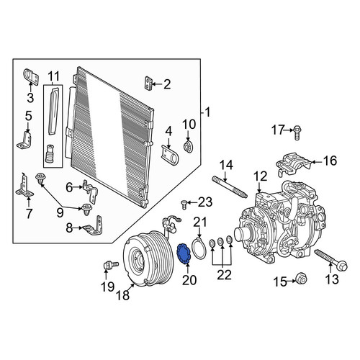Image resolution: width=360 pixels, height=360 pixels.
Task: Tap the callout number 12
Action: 260,176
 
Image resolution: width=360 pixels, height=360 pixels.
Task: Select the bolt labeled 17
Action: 297,132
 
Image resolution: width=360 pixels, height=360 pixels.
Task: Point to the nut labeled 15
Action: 302,279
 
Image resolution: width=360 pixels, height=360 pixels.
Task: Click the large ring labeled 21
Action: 199,248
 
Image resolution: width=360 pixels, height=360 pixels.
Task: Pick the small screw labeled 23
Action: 184,204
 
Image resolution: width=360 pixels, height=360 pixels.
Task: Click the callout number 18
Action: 123,294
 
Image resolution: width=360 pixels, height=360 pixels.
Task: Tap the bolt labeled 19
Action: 110,265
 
